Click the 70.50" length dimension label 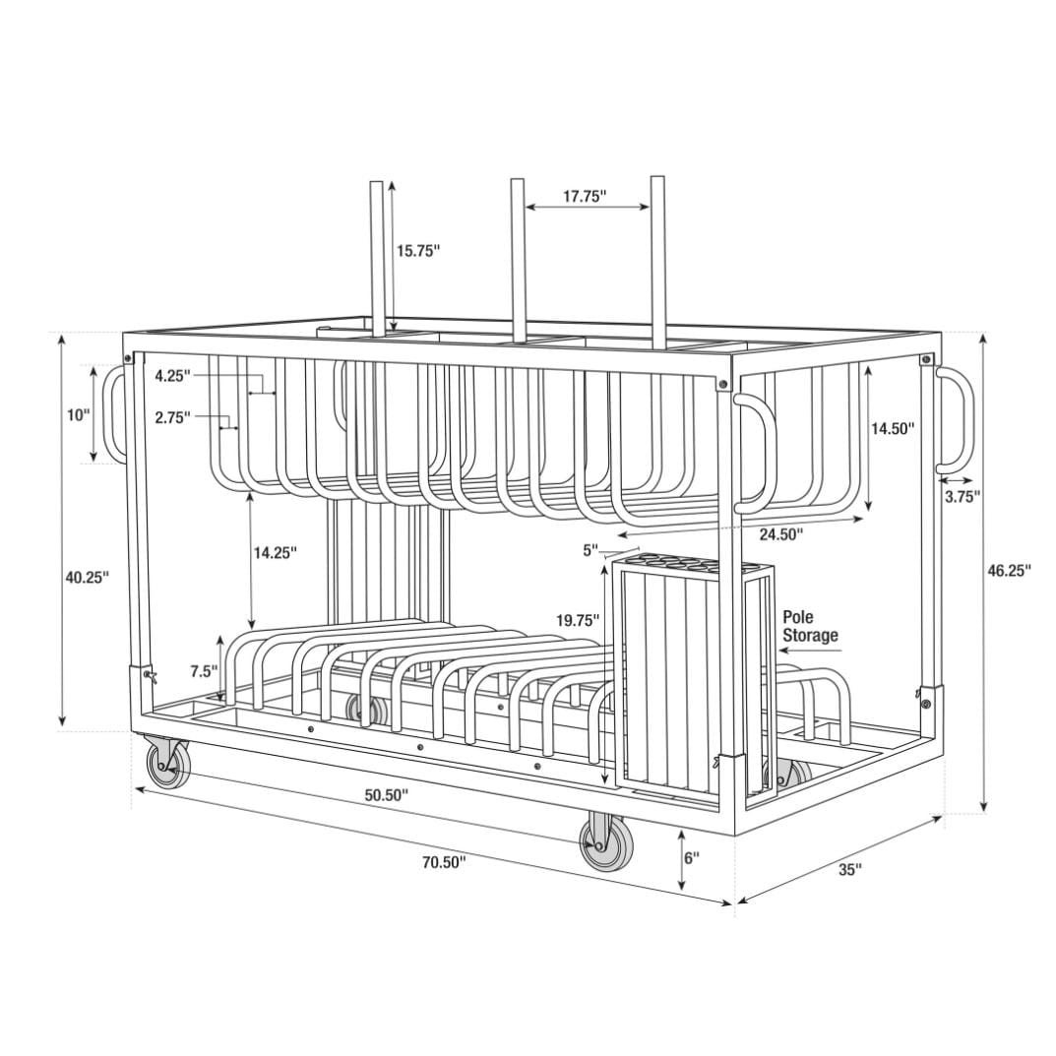click(x=444, y=863)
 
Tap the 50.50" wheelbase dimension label click(x=387, y=794)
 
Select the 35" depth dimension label click(x=850, y=869)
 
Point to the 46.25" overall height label click(x=1010, y=571)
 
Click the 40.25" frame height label click(x=87, y=577)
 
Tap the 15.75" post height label click(x=417, y=251)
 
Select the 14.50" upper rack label click(x=893, y=428)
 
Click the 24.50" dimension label click(x=781, y=534)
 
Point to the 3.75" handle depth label click(x=962, y=496)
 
